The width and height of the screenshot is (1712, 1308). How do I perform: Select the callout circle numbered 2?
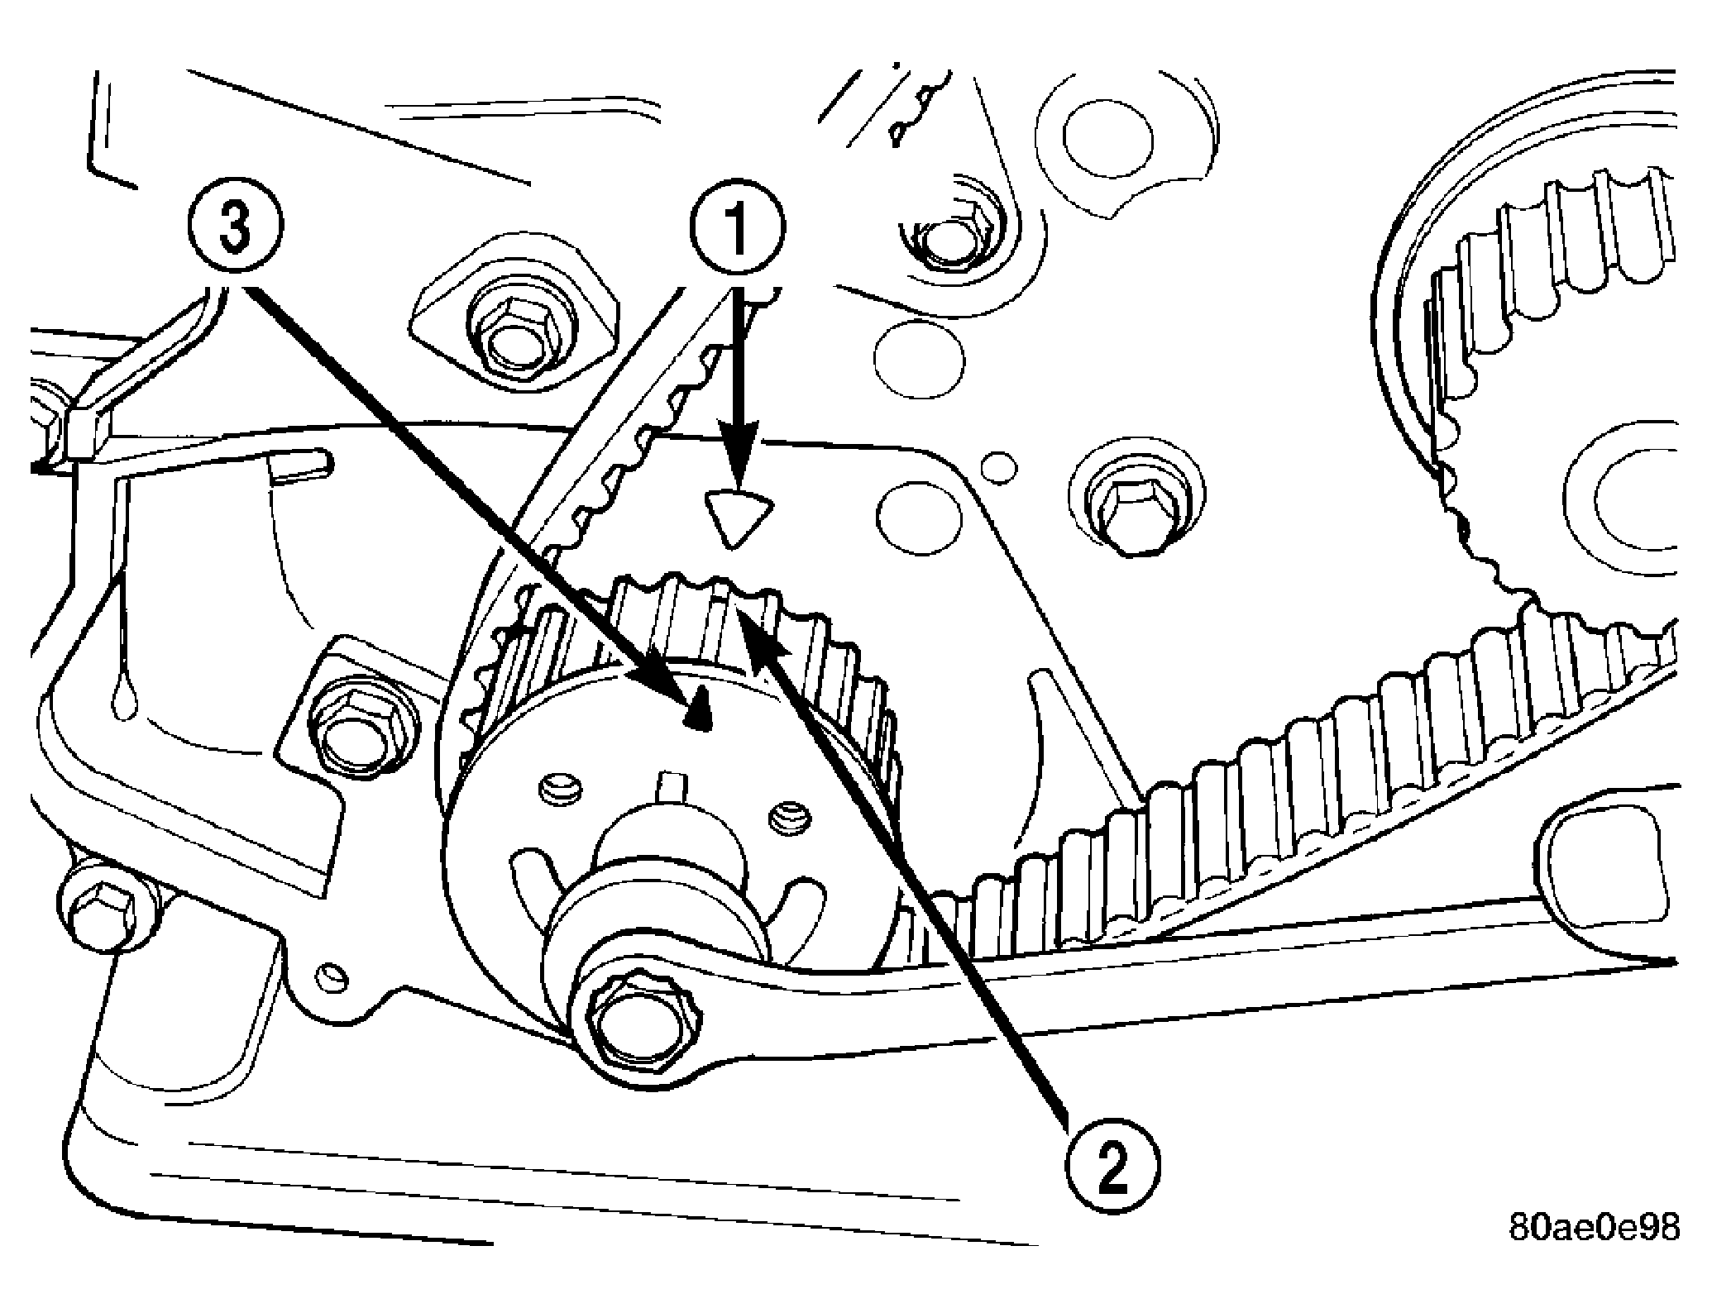click(1113, 1167)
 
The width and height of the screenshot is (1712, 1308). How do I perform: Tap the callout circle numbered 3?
click(236, 227)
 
